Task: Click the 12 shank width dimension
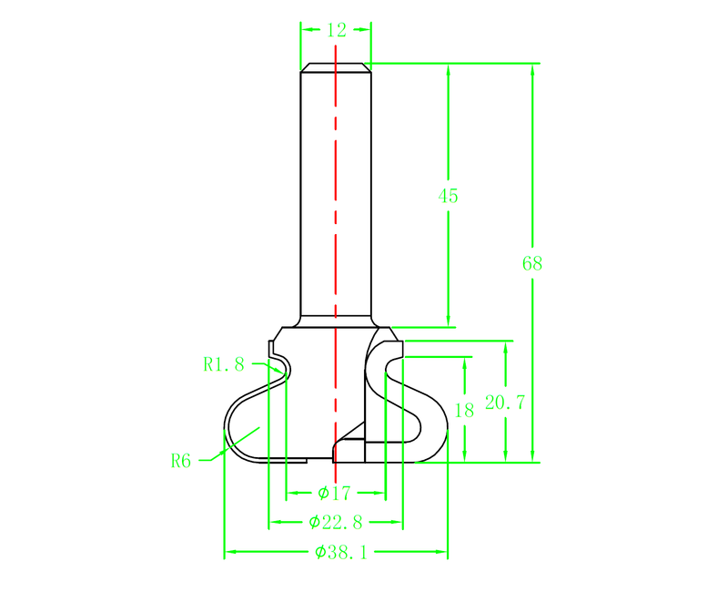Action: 336,30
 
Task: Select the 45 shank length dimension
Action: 448,196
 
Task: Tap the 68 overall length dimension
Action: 532,264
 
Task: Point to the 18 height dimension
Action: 464,410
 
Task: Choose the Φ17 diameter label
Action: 335,494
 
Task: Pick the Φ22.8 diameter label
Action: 335,523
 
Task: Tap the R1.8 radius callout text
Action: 224,364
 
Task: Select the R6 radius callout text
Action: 181,460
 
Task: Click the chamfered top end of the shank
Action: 336,66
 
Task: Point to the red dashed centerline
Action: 336,228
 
